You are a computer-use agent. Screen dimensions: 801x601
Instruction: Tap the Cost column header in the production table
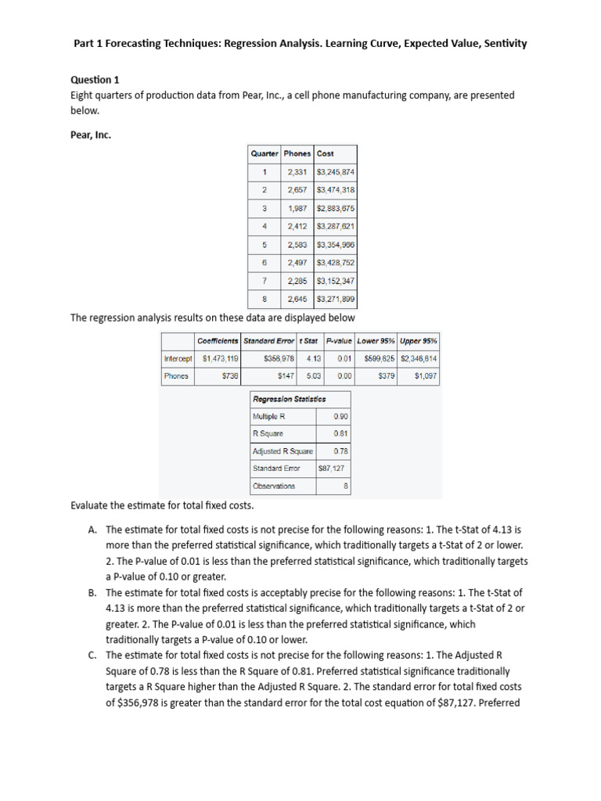click(x=326, y=153)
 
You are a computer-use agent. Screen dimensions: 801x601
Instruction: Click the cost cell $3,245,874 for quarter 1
click(x=336, y=172)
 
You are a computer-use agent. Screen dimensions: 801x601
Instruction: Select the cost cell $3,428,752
click(x=336, y=263)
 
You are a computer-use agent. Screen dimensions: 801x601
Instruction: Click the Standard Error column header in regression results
click(x=268, y=341)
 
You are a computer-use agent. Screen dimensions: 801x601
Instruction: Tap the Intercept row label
click(x=178, y=359)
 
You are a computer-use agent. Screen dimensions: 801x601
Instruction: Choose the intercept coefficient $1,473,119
click(x=220, y=359)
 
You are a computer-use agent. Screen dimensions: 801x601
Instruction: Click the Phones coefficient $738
click(x=230, y=376)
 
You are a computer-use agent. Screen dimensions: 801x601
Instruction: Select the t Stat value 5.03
click(x=313, y=376)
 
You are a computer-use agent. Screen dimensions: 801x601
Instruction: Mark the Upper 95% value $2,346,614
click(x=419, y=359)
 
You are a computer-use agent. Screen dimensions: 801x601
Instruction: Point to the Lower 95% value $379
click(x=386, y=376)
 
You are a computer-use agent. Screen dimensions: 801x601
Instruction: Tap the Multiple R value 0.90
click(x=340, y=416)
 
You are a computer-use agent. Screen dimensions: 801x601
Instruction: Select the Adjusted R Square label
click(x=283, y=451)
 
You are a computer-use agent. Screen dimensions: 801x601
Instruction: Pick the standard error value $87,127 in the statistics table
click(x=333, y=469)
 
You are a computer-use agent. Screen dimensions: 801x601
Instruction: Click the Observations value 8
click(x=345, y=486)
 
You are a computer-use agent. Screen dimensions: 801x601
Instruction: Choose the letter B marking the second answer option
click(x=92, y=593)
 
